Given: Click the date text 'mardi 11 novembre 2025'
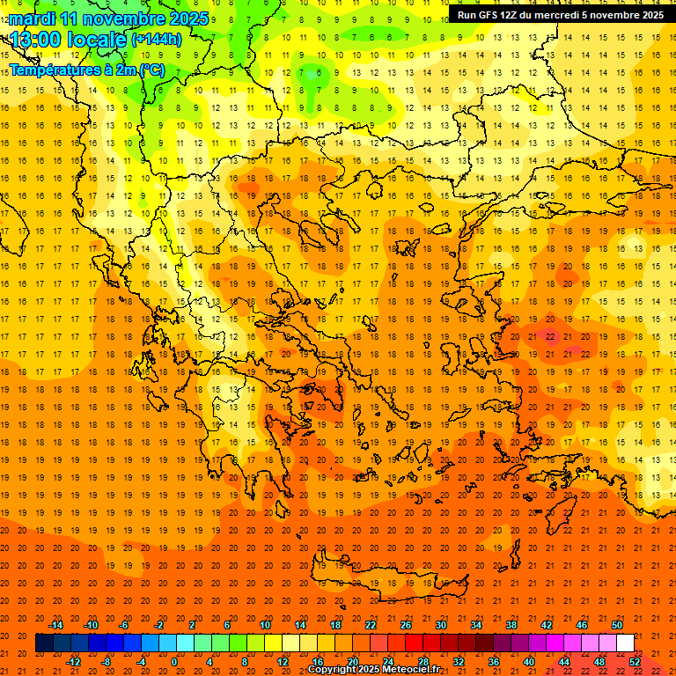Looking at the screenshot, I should tap(109, 18).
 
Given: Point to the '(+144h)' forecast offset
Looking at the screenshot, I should tap(157, 40).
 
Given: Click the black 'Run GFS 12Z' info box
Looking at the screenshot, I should tap(561, 15).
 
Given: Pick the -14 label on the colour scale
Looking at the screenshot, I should tap(56, 625).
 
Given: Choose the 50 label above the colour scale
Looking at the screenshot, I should tap(617, 625).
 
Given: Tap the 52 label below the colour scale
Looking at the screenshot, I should tap(635, 662).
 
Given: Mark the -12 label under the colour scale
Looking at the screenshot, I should tap(74, 662).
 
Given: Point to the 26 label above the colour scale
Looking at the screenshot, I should tap(406, 625).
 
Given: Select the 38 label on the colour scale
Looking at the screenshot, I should tap(511, 625).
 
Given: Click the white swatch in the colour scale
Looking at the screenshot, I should tap(625, 643).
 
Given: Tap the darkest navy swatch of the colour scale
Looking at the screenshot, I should tap(44, 643).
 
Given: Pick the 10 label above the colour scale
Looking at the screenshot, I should tap(265, 625).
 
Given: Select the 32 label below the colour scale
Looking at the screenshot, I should tap(459, 662).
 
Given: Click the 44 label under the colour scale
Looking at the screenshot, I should tap(564, 662).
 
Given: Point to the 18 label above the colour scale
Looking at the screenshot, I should tap(335, 625).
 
